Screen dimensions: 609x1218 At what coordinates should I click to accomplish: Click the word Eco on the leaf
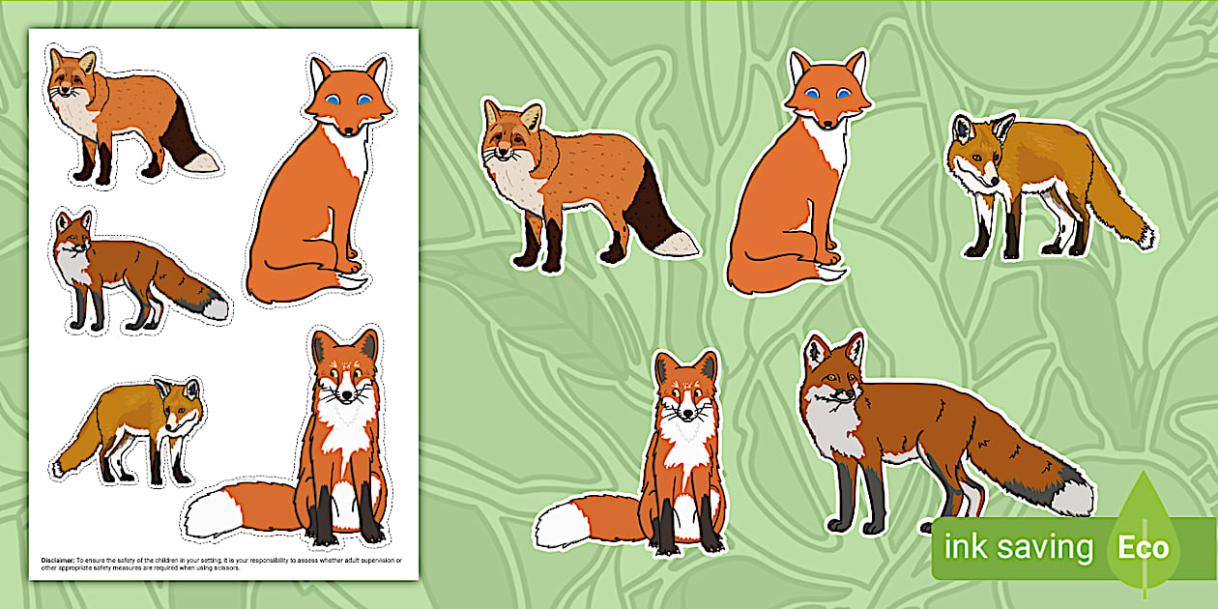pos(1145,548)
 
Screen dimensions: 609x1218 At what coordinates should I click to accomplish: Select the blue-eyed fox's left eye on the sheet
pos(334,100)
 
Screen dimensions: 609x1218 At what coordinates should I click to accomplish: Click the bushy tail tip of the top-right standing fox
pos(1145,235)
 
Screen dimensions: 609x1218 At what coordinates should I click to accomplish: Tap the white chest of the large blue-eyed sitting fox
pos(829,152)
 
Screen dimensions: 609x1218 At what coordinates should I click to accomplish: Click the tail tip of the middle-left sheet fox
pos(216,307)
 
